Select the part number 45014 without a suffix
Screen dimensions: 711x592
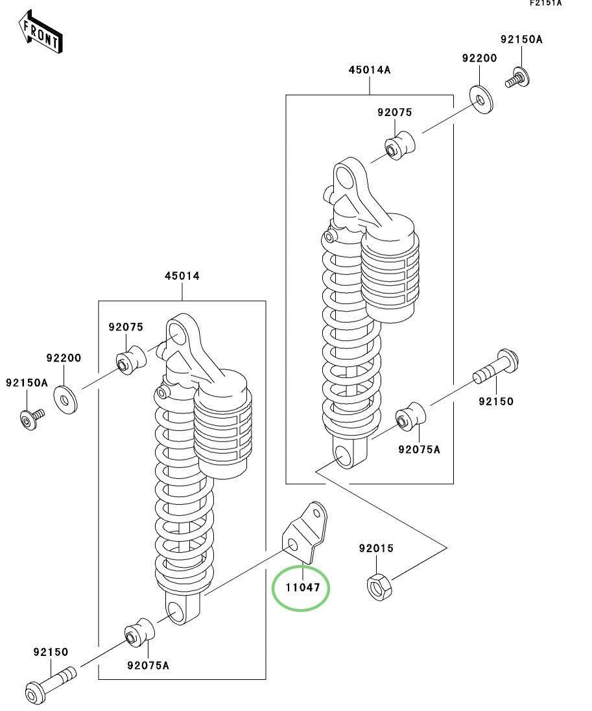pos(182,276)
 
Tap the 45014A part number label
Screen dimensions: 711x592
pos(370,70)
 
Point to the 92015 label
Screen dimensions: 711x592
pos(376,548)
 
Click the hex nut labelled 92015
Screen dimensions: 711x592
pos(377,585)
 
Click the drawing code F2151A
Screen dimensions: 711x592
pos(546,4)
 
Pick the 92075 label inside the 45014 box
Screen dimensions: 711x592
pos(126,327)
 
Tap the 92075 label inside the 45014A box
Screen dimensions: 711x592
pos(395,112)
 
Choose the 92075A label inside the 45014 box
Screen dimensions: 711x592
pos(148,665)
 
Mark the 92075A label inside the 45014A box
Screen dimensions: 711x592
pos(419,449)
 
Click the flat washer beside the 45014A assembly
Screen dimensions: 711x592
pos(480,99)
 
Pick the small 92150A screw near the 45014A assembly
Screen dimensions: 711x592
pos(517,79)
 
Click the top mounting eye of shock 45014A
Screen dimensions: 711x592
pos(347,174)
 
